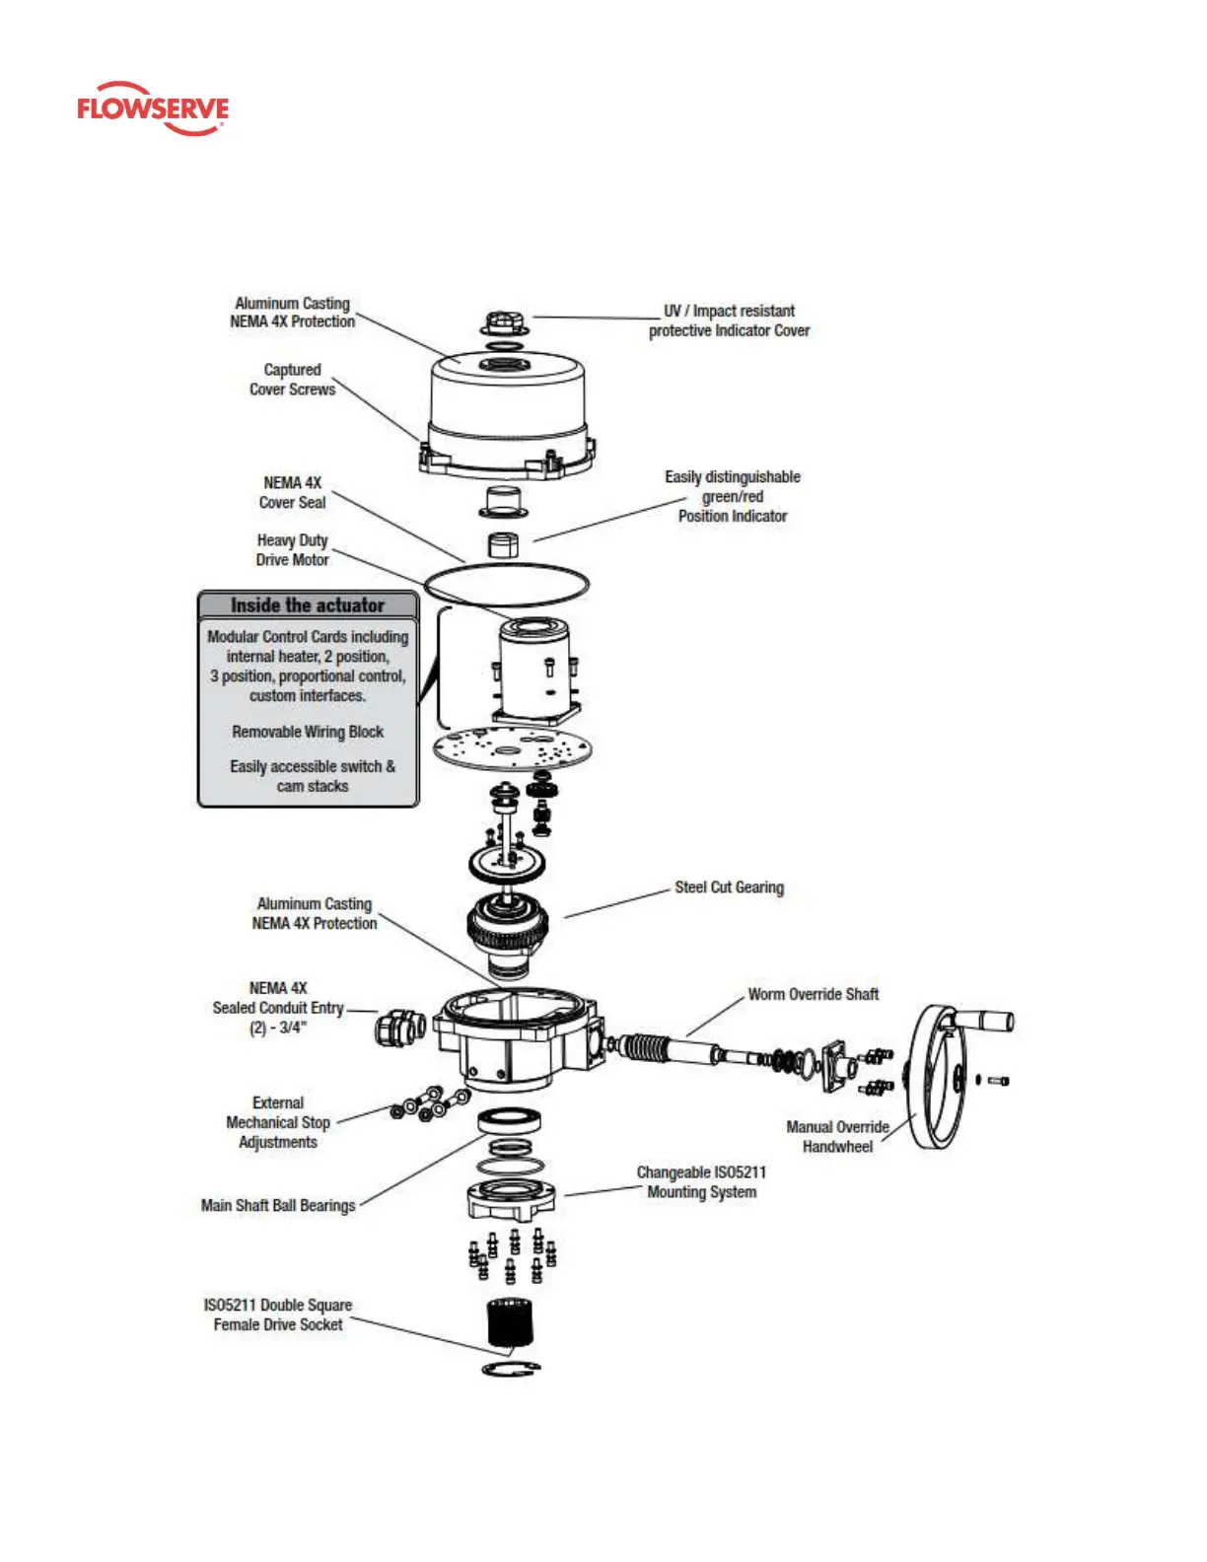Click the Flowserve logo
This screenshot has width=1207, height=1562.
153,108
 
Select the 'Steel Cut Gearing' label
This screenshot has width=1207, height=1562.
729,887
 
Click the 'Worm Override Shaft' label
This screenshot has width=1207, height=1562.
813,994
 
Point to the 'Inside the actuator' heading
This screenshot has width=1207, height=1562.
308,605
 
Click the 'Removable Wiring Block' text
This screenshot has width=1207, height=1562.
308,732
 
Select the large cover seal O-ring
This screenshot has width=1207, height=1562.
506,584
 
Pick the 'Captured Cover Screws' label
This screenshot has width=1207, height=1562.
292,380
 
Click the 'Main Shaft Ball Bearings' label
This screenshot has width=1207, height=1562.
278,1205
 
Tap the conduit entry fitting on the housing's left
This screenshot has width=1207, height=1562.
399,1028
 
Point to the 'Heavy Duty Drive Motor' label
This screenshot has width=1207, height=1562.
293,550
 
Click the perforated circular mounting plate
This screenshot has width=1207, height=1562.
512,748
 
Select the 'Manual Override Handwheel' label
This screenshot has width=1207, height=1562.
837,1136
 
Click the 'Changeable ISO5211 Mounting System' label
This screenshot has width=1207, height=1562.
701,1181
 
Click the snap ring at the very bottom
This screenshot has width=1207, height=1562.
511,1369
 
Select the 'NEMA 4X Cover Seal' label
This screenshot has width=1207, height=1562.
292,492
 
